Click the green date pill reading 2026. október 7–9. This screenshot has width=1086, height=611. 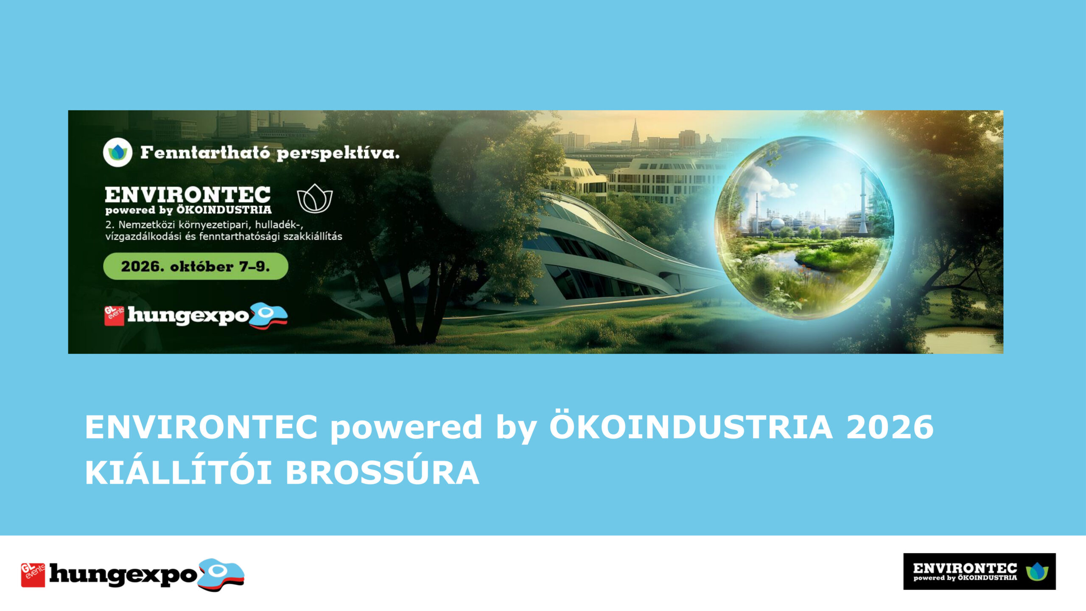(196, 266)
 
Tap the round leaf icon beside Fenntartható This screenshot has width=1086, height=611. (118, 153)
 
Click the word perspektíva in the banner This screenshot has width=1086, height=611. (338, 154)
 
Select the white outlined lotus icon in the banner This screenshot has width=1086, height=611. (315, 198)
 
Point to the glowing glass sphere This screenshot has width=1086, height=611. (804, 228)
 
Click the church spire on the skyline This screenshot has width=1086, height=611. (635, 132)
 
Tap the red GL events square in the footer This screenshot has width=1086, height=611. (33, 575)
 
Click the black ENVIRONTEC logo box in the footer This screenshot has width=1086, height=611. (980, 571)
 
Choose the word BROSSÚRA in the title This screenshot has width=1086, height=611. (382, 473)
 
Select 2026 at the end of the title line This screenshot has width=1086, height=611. (890, 427)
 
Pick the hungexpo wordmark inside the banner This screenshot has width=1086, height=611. (188, 316)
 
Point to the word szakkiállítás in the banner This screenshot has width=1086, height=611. (313, 236)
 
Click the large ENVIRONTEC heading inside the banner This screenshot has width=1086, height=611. (188, 195)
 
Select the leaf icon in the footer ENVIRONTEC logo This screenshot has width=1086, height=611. (1037, 571)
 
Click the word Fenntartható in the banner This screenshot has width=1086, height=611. (204, 152)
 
